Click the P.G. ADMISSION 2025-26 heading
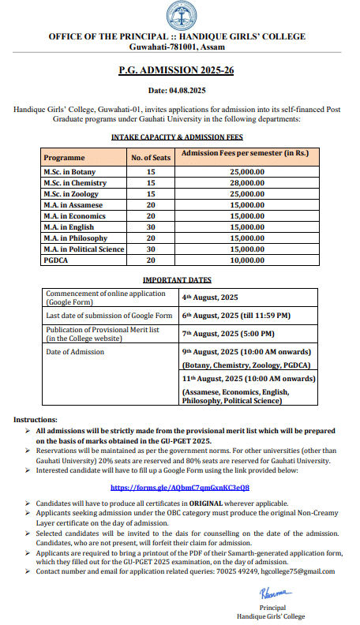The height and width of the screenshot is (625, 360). [179, 70]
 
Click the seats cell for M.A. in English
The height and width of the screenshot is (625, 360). [150, 226]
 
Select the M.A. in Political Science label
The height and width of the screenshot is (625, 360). [84, 249]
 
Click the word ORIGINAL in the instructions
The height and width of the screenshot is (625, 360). [192, 503]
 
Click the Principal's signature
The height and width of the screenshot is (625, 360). [272, 591]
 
